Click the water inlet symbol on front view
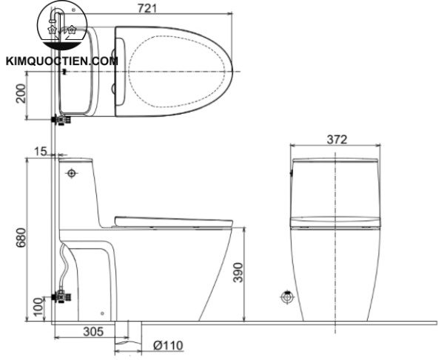[x=287, y=299]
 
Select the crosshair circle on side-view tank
[x=71, y=174]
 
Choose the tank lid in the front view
[x=336, y=160]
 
